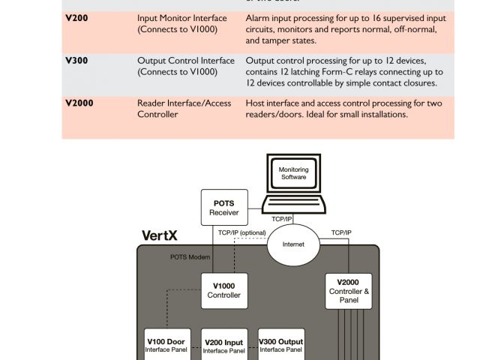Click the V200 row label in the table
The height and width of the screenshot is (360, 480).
[76, 16]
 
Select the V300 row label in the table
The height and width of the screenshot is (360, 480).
[76, 61]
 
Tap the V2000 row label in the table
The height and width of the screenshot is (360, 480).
[79, 103]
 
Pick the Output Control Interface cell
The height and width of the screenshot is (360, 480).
[185, 67]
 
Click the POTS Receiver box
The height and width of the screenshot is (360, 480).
[223, 208]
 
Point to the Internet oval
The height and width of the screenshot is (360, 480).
[293, 244]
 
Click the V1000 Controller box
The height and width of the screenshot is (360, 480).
[223, 290]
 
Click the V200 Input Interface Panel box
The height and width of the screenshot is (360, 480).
[224, 346]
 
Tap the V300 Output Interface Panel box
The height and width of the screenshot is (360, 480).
[280, 345]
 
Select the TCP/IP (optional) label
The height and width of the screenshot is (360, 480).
[241, 232]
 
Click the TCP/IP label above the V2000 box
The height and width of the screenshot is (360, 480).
[340, 232]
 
